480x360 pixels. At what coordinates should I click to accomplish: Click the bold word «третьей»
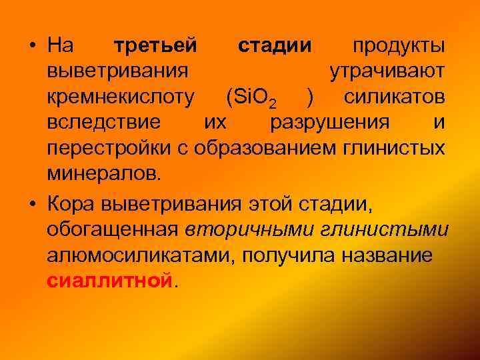click(155, 47)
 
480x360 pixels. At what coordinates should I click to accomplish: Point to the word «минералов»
click(103, 173)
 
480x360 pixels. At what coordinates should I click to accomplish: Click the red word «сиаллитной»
click(109, 280)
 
